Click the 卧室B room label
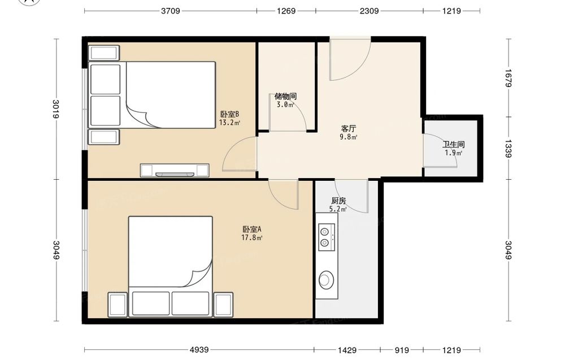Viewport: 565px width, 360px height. [229, 114]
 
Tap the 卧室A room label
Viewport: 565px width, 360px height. [251, 229]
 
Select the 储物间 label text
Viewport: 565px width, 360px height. [285, 96]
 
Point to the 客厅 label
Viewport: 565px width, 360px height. [349, 129]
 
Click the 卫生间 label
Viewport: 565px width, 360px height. [453, 145]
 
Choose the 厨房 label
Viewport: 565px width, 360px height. [338, 201]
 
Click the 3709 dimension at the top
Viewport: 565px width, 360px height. [171, 11]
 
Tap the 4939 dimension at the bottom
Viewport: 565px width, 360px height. [199, 350]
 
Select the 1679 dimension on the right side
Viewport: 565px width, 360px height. [508, 78]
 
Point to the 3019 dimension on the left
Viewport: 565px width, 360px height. [55, 109]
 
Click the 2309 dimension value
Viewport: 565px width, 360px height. [369, 11]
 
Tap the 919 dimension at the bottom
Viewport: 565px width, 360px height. [402, 350]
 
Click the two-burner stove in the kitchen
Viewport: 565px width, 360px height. [327, 237]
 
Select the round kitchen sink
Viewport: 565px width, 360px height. [326, 279]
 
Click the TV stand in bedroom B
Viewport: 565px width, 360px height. [175, 171]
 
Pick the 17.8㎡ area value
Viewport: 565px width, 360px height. [251, 237]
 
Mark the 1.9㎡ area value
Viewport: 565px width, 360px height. [453, 153]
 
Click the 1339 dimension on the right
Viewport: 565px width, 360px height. [508, 149]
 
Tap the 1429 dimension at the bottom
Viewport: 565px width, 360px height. [347, 350]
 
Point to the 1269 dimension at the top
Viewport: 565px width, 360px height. [286, 11]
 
